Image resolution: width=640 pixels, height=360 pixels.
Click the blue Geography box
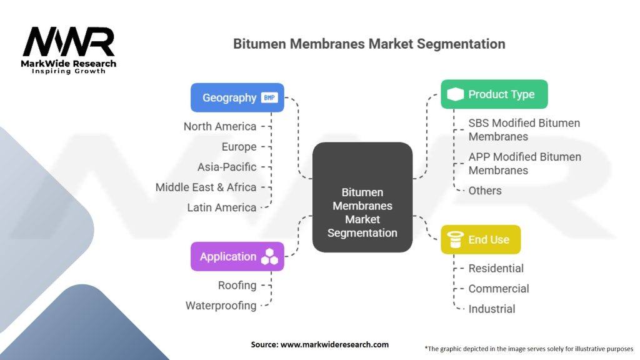(237, 97)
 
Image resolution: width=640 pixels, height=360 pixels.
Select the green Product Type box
(494, 94)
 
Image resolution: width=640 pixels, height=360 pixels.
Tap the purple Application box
(237, 256)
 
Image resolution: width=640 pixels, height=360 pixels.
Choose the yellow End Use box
(481, 239)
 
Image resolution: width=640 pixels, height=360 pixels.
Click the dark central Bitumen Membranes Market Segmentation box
(362, 197)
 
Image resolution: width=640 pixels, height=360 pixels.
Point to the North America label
(220, 126)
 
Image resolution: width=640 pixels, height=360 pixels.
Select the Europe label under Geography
(239, 146)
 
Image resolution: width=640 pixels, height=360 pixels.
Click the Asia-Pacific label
(227, 167)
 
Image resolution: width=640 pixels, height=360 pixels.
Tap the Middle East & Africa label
(206, 187)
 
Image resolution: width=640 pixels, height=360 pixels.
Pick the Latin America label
(222, 207)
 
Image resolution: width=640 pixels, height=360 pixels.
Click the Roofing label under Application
(237, 285)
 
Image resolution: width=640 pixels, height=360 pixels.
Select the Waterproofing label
(221, 305)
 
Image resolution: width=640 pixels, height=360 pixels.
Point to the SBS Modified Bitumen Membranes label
(524, 130)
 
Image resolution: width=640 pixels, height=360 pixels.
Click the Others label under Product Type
(485, 191)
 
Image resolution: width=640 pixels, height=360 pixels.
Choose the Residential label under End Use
(496, 268)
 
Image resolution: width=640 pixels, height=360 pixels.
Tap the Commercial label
(498, 289)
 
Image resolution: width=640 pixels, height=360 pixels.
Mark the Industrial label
(492, 309)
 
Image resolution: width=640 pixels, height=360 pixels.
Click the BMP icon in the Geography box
(269, 97)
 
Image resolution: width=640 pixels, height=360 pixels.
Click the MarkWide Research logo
(69, 50)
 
